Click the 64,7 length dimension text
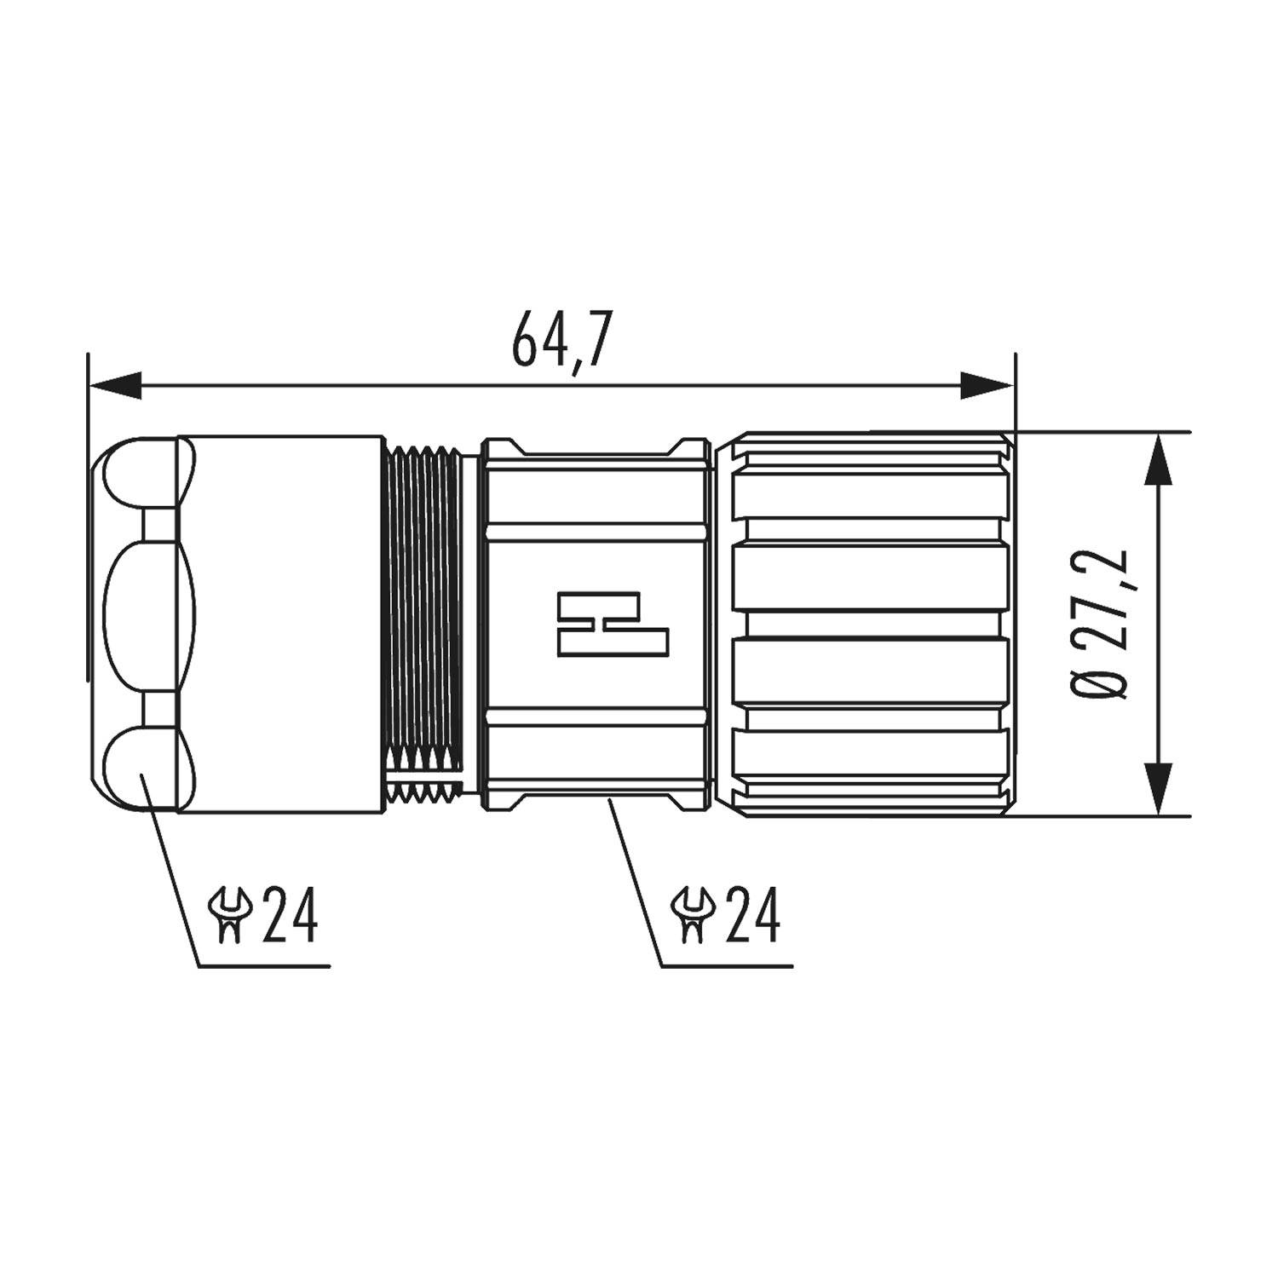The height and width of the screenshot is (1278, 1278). (561, 340)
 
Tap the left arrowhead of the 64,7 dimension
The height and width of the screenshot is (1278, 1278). (115, 386)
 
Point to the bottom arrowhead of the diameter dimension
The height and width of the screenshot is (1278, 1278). (1156, 787)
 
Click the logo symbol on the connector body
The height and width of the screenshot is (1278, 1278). (612, 625)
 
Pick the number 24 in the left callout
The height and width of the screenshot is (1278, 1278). (290, 915)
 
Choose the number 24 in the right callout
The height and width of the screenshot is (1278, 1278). (752, 915)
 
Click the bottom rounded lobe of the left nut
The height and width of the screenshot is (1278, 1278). (141, 767)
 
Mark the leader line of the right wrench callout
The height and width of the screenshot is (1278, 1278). (635, 878)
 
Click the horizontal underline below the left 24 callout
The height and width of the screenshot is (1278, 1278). (264, 966)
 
